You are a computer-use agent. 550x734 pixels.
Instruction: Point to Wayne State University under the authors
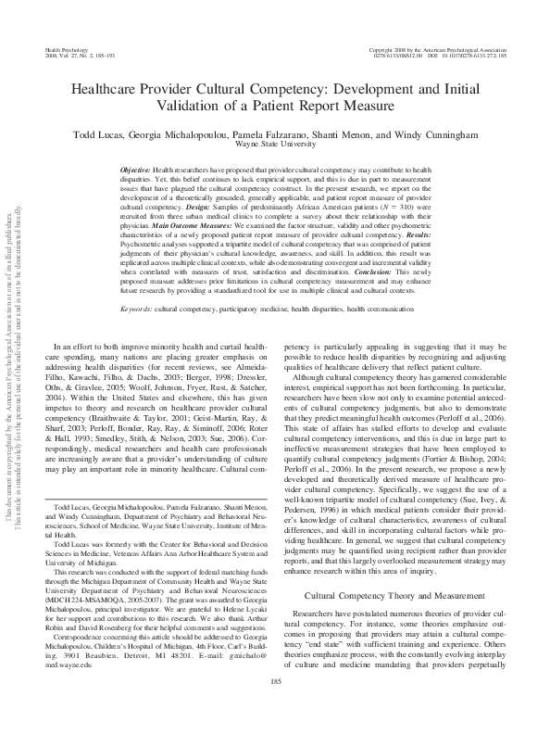point(274,146)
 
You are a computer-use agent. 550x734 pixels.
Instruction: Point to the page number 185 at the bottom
point(275,708)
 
